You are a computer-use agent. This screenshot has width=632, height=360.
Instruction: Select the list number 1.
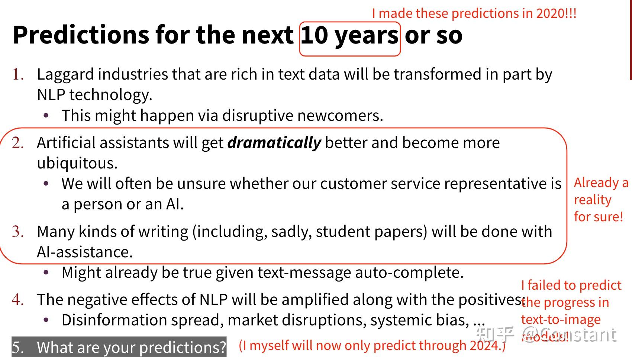(18, 74)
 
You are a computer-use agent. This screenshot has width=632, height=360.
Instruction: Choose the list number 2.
(18, 143)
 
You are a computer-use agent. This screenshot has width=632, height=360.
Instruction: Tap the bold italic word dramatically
(274, 143)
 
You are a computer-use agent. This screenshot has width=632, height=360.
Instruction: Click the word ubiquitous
(77, 164)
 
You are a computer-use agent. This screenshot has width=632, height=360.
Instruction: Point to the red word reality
(593, 200)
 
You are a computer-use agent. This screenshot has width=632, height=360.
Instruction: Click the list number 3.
(18, 232)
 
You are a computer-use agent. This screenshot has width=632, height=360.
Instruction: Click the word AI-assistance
(85, 252)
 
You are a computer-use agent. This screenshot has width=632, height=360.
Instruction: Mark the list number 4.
(18, 300)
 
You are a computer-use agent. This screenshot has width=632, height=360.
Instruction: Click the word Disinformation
(114, 320)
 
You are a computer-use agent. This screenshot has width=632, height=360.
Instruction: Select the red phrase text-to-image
(561, 319)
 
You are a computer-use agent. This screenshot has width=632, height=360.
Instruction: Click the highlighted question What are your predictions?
(119, 347)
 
